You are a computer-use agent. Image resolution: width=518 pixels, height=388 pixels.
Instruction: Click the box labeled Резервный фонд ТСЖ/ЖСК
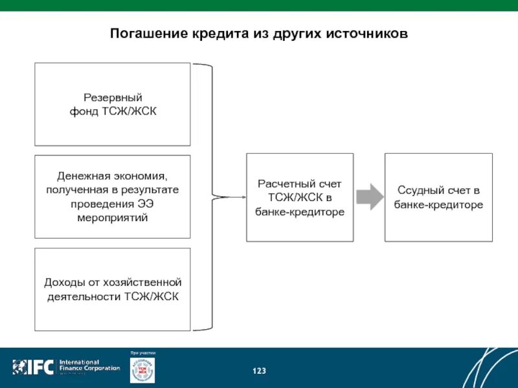tap(112, 104)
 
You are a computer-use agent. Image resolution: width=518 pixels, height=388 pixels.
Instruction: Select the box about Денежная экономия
tap(112, 197)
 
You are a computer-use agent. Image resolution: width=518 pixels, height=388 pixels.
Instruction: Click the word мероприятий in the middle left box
tap(112, 218)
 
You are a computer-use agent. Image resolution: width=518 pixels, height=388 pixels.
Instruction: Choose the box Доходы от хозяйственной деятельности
tap(112, 289)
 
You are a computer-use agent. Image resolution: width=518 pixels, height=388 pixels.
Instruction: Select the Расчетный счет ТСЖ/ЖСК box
tap(300, 197)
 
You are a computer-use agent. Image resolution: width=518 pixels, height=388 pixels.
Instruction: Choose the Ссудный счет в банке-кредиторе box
tap(438, 197)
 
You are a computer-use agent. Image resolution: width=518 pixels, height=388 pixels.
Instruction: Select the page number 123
tap(259, 371)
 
